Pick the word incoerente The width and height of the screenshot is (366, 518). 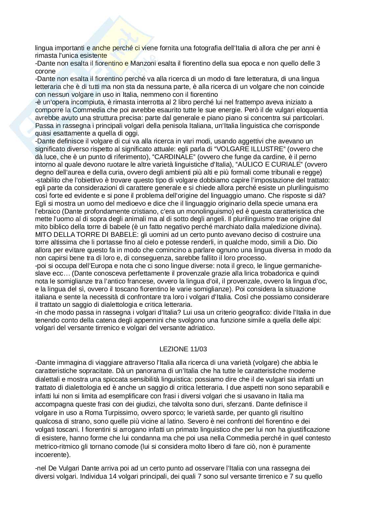(51, 455)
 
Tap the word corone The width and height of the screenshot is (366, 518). (45, 71)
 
